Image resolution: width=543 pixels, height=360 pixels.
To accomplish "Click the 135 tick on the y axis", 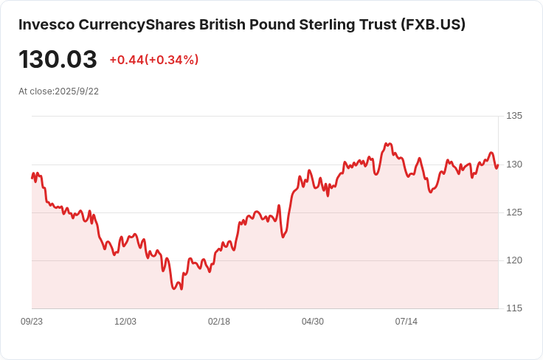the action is tap(514, 116).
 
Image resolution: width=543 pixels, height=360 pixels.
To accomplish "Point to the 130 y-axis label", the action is tap(514, 165).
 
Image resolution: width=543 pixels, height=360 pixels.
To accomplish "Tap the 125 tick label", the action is tap(514, 212).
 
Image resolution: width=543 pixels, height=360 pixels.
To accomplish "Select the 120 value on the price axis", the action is tap(514, 260).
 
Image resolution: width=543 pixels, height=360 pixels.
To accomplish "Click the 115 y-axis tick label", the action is tap(514, 308).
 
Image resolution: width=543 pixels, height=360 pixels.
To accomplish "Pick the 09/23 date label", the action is tap(32, 322).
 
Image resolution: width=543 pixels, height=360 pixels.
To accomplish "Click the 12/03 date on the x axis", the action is tap(125, 322).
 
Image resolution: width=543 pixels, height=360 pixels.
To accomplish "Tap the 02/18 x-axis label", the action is tap(219, 322).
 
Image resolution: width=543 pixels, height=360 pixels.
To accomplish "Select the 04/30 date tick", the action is tap(313, 322).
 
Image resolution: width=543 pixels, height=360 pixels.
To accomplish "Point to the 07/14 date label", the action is tap(407, 322).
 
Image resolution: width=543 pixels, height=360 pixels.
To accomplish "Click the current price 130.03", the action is tap(58, 59).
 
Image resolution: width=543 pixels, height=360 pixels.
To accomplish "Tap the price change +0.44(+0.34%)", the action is tap(154, 60).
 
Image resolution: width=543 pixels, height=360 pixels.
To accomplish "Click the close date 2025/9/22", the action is tap(77, 91).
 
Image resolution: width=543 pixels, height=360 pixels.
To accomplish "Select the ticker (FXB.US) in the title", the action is tap(433, 24).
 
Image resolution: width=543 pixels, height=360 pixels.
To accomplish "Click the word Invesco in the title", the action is tap(46, 24).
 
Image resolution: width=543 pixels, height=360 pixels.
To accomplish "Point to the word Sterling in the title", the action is tap(327, 25).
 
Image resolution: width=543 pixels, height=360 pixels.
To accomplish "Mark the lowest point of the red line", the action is tap(174, 288).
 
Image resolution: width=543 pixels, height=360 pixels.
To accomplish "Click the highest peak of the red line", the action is tap(386, 143).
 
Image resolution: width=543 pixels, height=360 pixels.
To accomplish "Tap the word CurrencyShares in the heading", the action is tap(136, 25).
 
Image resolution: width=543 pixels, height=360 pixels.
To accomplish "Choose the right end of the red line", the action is tap(498, 165).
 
